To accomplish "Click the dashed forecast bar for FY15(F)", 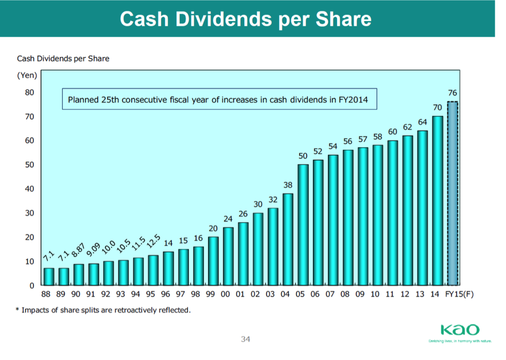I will [452, 193].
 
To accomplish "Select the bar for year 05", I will [303, 225].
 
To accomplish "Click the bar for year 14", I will [438, 200].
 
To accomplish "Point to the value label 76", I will [452, 93].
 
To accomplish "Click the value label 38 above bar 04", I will [288, 184].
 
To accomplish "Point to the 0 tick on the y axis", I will [31, 285].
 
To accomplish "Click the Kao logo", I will [460, 330].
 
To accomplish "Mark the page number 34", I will [246, 339].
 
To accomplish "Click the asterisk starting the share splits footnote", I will [18, 311].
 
